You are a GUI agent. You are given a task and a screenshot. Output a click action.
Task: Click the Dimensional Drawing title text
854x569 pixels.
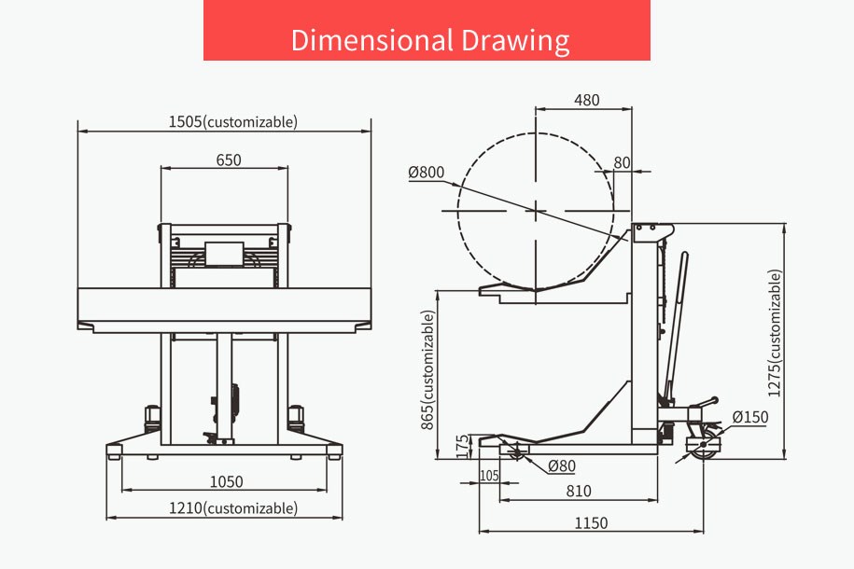(430, 40)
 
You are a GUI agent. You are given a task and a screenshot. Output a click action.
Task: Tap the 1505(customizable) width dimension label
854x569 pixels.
(233, 121)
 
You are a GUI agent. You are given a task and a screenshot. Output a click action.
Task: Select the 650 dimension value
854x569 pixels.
(229, 160)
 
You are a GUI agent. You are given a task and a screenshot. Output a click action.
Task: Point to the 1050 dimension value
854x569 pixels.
(227, 481)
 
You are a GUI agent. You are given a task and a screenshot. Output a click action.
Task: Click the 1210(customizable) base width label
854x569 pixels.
(233, 508)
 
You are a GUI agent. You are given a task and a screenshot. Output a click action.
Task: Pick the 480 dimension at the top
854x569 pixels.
(586, 100)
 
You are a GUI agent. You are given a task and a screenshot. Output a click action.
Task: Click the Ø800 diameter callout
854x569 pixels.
(427, 172)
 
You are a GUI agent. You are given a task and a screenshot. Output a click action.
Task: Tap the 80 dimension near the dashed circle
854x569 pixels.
(622, 162)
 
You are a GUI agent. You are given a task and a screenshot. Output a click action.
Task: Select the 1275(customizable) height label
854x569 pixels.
(775, 333)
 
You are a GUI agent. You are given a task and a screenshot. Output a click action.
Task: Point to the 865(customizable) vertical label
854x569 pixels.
(428, 370)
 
